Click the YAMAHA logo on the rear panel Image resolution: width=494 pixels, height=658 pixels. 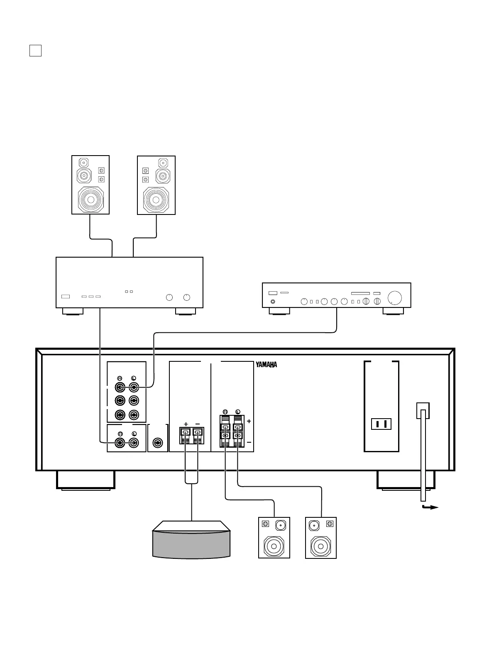[x=266, y=365]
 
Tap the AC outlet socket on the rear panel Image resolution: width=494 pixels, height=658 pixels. [x=382, y=424]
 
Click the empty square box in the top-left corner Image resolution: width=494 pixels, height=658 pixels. [x=35, y=51]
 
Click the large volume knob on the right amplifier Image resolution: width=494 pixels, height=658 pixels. [x=395, y=297]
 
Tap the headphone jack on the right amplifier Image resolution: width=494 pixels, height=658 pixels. [x=272, y=302]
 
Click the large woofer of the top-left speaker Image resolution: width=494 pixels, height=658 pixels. [x=90, y=200]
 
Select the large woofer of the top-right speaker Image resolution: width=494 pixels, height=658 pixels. [x=156, y=200]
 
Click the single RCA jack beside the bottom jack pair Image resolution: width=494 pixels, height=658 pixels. [x=157, y=443]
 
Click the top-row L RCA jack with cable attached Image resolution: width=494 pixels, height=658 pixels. [x=134, y=387]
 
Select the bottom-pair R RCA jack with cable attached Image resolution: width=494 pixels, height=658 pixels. [x=120, y=443]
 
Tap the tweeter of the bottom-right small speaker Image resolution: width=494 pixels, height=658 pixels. [x=314, y=525]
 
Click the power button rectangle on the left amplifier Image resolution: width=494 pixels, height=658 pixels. [x=66, y=297]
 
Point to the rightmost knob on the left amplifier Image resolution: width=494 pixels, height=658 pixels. [x=187, y=297]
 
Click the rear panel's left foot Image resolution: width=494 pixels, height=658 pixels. [x=86, y=480]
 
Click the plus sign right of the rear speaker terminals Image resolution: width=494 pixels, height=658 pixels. [x=249, y=421]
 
